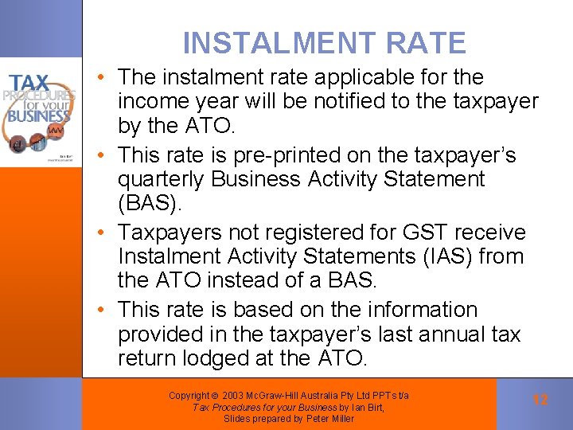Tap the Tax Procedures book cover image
pyautogui.click(x=41, y=111)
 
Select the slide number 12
pyautogui.click(x=540, y=400)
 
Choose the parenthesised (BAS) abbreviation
pyautogui.click(x=150, y=204)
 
